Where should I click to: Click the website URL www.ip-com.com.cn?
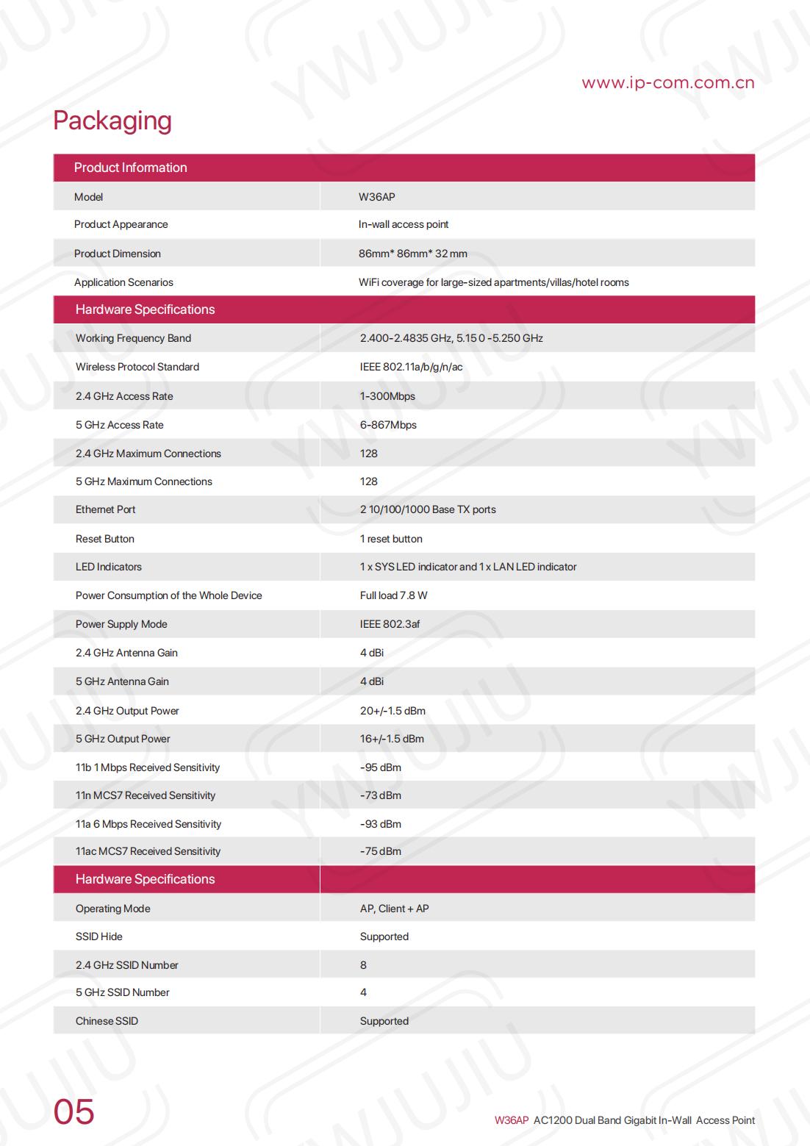click(667, 82)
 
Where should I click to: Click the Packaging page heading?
click(112, 121)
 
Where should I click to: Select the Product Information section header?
click(130, 168)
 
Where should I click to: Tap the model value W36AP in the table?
click(376, 197)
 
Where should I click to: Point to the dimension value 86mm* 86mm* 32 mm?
click(412, 254)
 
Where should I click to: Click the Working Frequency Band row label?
click(133, 338)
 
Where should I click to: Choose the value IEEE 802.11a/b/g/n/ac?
click(411, 367)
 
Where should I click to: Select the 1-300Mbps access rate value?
click(387, 396)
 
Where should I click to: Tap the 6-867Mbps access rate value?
click(388, 425)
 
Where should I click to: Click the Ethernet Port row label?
click(105, 509)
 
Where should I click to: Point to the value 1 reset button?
click(391, 539)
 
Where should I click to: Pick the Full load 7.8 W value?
click(393, 595)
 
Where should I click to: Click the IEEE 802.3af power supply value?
click(390, 624)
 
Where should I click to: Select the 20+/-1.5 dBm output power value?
click(393, 711)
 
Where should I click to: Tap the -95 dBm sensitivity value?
click(381, 767)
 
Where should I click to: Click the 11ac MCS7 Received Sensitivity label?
click(148, 851)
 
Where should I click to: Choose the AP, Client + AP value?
click(394, 909)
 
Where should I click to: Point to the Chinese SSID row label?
click(107, 1021)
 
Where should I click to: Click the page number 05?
click(74, 1112)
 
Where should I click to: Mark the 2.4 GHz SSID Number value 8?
click(363, 965)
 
